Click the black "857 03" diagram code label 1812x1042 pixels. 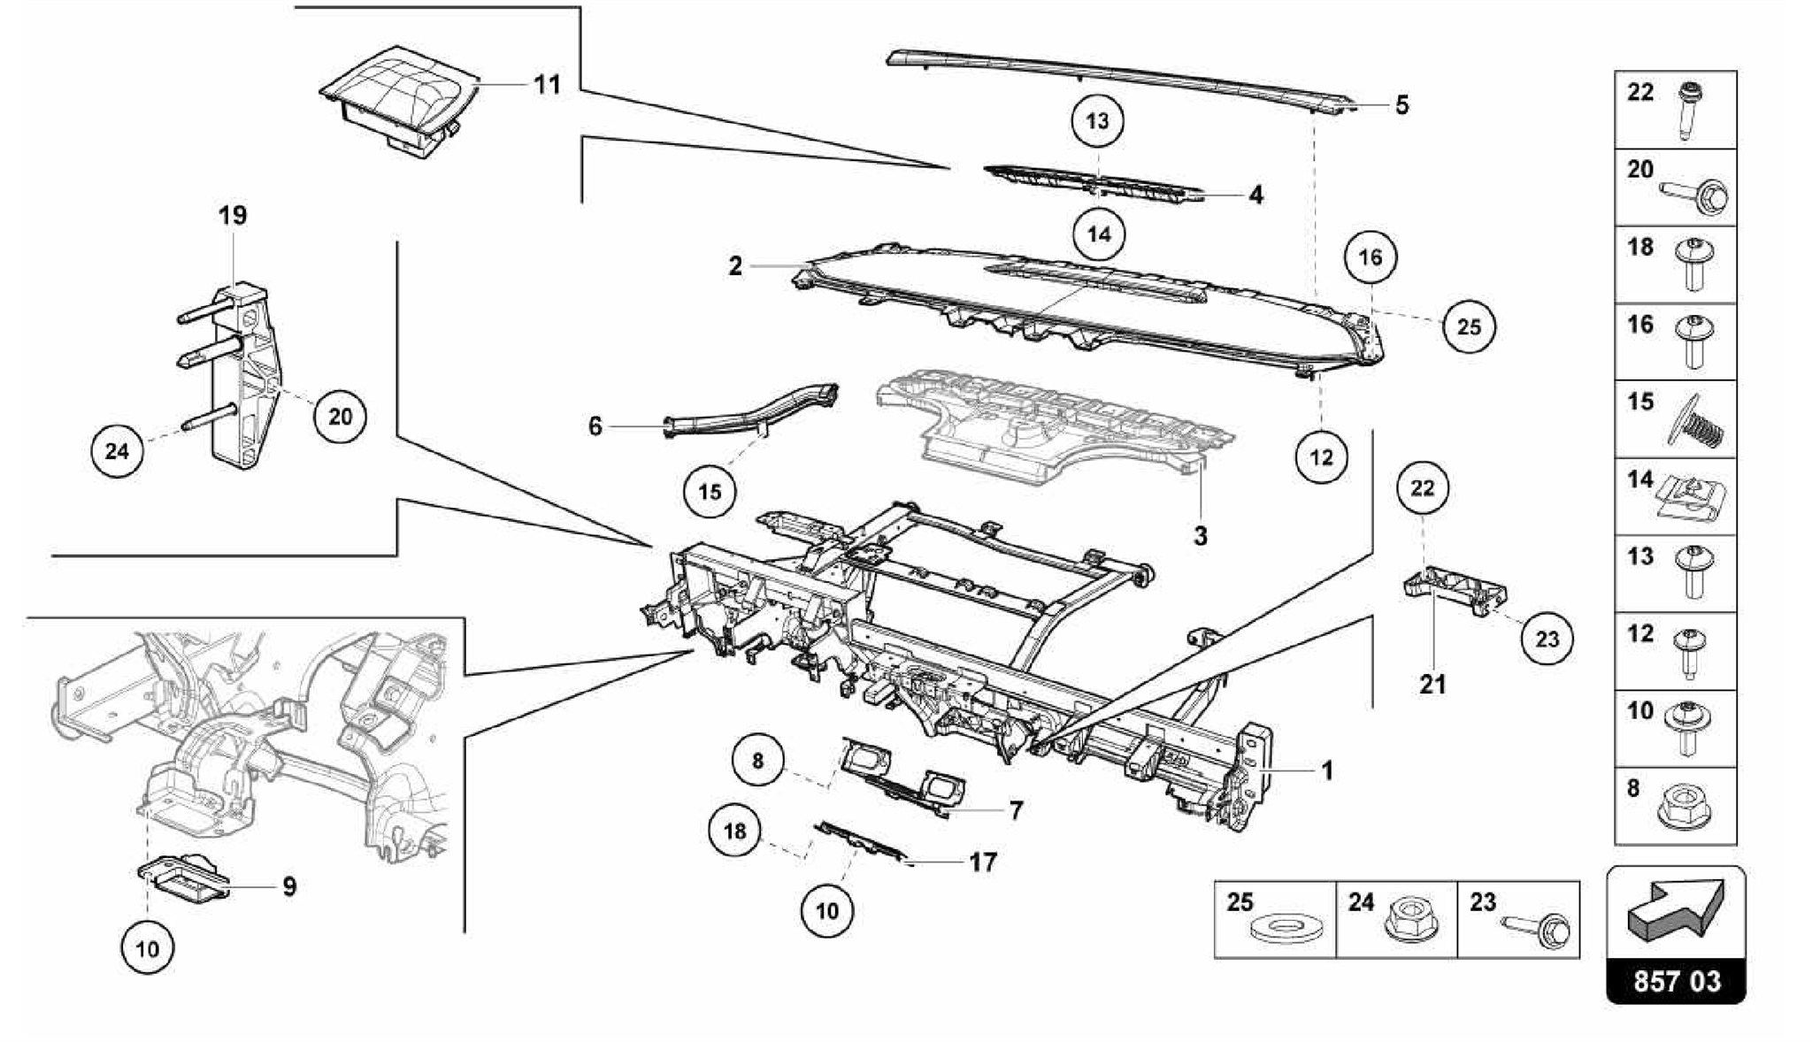[1677, 981]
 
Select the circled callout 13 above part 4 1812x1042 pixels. [1097, 120]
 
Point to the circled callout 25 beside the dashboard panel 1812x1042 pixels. [1469, 326]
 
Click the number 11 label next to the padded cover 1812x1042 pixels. [548, 85]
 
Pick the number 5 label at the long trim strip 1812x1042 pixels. [1401, 105]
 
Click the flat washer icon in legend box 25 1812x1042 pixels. [1276, 930]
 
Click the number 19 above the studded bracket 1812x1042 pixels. [234, 215]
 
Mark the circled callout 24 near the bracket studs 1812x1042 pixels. [118, 451]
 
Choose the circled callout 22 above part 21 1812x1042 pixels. [1423, 487]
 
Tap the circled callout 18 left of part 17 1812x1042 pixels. [735, 831]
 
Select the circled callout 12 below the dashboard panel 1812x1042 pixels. [1321, 457]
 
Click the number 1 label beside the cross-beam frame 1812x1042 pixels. [1327, 770]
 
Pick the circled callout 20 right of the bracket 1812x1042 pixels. [341, 416]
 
